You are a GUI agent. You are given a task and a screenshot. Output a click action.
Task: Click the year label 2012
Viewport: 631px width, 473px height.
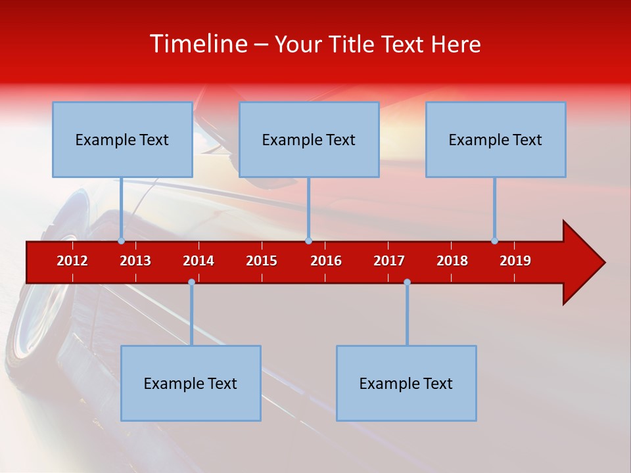[72, 261]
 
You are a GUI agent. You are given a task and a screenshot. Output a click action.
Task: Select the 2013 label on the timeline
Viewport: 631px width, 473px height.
[135, 261]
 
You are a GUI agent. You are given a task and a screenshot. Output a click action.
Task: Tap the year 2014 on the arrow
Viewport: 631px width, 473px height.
[199, 261]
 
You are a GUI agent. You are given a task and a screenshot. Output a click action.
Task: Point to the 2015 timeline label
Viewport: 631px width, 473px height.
[262, 261]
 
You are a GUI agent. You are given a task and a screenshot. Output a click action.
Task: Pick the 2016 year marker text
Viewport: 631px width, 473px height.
[326, 261]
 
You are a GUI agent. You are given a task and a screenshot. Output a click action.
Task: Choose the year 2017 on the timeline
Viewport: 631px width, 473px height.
[389, 261]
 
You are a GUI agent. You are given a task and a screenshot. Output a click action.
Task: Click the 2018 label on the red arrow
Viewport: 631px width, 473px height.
[452, 261]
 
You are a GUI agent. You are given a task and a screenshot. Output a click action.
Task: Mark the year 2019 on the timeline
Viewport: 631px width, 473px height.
[515, 261]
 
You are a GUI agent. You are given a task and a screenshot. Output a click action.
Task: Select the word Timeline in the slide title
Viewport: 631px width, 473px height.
[198, 44]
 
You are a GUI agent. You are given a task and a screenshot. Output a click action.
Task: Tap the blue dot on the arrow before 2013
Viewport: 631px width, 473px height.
[121, 241]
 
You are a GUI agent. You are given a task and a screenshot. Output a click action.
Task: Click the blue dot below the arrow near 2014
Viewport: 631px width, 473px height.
[191, 282]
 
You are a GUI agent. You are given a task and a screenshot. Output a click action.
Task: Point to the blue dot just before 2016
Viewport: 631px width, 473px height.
[308, 241]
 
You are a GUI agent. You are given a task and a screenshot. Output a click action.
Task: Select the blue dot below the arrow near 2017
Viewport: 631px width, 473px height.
[407, 282]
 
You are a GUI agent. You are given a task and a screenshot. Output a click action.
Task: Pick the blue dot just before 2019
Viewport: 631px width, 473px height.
[494, 241]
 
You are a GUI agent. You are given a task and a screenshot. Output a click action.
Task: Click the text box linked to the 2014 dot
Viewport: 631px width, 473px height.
[191, 383]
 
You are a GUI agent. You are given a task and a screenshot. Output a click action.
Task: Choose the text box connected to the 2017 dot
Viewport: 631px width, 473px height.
[406, 383]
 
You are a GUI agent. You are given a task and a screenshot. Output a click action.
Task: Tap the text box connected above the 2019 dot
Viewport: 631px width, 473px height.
[496, 139]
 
